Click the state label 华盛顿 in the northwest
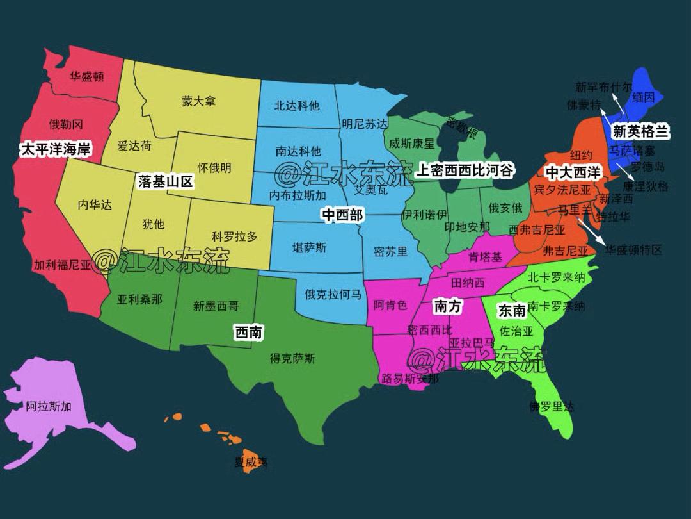point(86,77)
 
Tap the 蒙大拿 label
point(198,101)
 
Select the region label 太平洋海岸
point(55,150)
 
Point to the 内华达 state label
point(95,205)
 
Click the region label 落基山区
point(165,182)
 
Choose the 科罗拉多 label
point(234,236)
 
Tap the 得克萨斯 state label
point(292,358)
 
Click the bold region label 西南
point(249,332)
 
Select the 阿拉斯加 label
point(49,406)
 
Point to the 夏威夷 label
point(251,461)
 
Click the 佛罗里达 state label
point(552,406)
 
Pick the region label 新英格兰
point(640,132)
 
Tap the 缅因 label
point(643,97)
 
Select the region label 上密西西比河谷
point(465,170)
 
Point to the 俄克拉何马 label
point(333,295)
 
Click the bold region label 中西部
point(342,215)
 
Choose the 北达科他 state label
point(297,106)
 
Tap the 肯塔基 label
point(485,258)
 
